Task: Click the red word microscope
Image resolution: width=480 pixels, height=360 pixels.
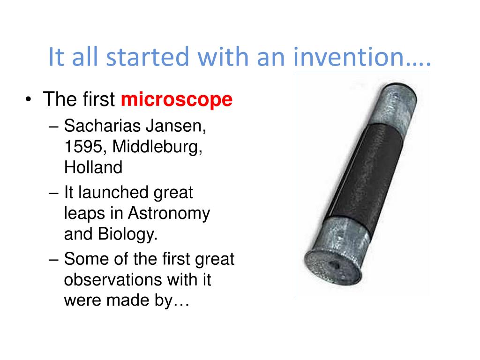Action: [x=177, y=100]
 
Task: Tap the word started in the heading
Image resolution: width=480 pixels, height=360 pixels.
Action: [x=147, y=57]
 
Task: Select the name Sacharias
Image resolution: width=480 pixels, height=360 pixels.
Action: [x=102, y=126]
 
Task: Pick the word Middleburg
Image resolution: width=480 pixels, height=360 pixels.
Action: [x=157, y=146]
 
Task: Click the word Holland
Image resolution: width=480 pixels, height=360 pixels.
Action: [x=93, y=167]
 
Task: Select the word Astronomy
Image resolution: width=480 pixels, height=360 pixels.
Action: [x=169, y=214]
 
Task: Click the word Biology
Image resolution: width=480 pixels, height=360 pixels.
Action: [x=127, y=234]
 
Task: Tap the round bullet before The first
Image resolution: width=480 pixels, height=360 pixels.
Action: [x=29, y=99]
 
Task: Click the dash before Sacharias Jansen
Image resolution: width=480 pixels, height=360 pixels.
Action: [x=53, y=127]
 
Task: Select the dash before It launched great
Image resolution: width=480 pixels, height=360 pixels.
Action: [x=53, y=194]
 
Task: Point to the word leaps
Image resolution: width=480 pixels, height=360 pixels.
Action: [x=84, y=214]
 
